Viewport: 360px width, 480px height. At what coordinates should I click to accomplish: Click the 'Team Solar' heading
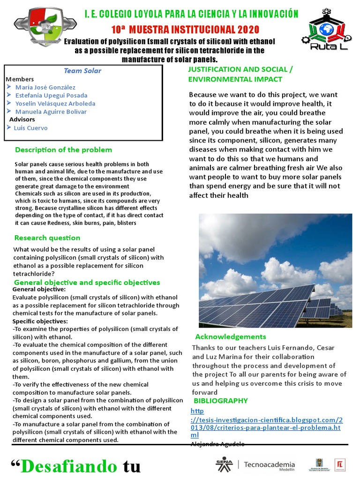82,71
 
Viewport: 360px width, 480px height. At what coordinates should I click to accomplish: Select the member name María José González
45,87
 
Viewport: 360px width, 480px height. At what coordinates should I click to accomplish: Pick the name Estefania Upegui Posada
51,95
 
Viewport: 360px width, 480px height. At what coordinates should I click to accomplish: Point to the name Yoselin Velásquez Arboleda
55,104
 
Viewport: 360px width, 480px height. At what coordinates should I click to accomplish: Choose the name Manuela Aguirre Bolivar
51,112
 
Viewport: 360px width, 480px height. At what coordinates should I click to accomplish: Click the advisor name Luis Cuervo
30,127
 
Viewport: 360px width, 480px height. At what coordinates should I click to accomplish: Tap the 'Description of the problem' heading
63,150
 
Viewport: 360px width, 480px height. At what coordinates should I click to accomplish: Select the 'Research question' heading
47,238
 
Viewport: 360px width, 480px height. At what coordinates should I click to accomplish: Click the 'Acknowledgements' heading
230,337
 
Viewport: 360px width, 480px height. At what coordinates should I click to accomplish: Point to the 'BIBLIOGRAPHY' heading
220,401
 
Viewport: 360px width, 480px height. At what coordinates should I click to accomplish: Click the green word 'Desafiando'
70,467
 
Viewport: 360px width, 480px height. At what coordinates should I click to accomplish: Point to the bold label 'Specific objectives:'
40,321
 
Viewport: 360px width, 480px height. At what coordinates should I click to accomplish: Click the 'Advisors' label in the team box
22,120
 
